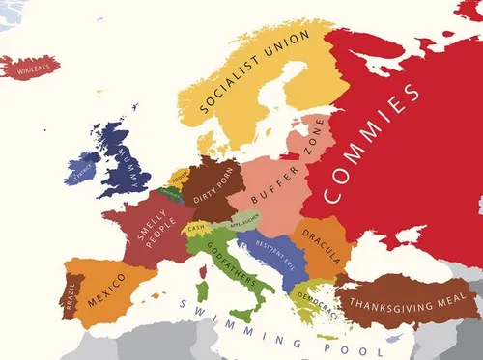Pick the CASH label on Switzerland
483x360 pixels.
196,228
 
